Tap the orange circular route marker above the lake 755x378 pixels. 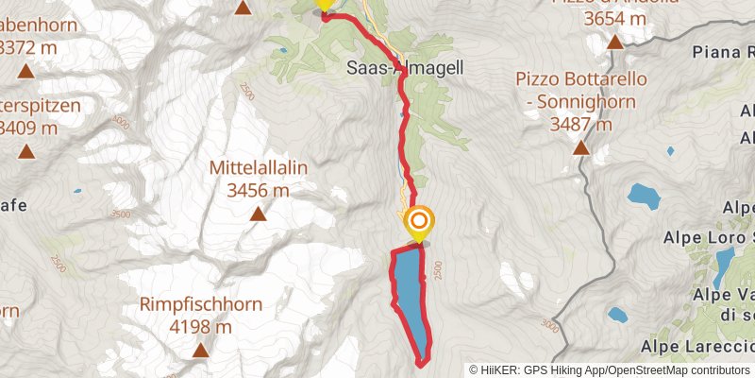419,224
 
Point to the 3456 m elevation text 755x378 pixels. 258,190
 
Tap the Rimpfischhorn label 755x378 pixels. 200,305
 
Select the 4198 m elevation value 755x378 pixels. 200,327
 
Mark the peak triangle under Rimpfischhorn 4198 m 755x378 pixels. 200,352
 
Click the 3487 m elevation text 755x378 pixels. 581,124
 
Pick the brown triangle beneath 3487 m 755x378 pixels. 581,148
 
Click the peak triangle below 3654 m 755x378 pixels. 615,42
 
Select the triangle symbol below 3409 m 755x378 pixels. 25,150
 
